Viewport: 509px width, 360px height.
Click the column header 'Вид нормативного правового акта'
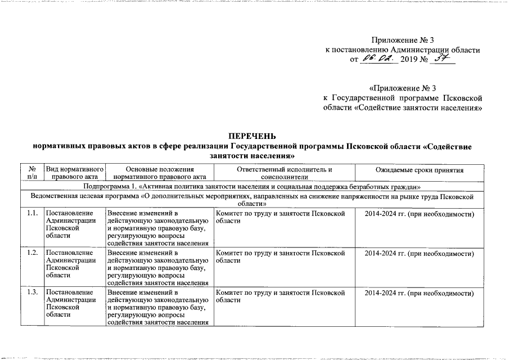tap(75, 173)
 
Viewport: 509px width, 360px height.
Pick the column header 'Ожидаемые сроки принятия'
tap(419, 170)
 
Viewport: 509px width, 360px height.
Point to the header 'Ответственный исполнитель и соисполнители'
tap(285, 173)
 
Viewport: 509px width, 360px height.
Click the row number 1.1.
tap(32, 214)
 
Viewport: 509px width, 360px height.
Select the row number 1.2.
tap(32, 254)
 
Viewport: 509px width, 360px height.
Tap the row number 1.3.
tap(32, 294)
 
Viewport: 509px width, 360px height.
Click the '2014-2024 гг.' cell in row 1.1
tap(420, 214)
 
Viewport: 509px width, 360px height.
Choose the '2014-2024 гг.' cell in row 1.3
tap(420, 294)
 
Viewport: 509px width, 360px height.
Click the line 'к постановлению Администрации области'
tap(403, 50)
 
